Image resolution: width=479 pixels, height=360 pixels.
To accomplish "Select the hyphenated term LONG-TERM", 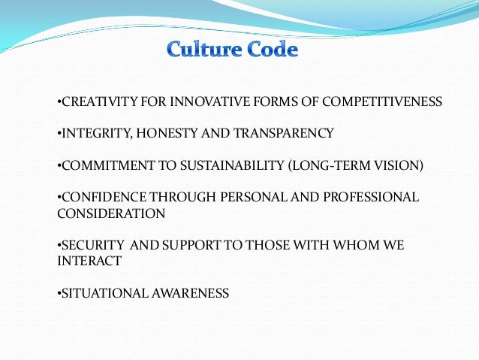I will (x=326, y=165).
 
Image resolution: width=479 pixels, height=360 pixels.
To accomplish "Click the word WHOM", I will (x=363, y=246).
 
